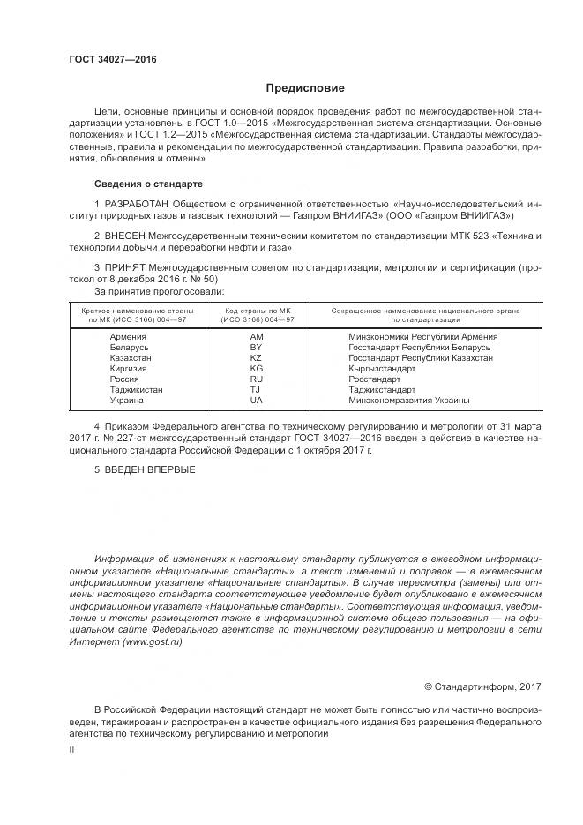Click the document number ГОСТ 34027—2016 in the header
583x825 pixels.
(x=113, y=59)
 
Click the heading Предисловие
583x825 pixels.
(x=305, y=88)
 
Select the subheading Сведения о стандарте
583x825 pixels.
(x=148, y=183)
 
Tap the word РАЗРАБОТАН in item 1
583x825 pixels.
(x=132, y=203)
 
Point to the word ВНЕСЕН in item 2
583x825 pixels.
(x=123, y=236)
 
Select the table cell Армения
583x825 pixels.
(x=129, y=337)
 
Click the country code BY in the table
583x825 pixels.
(x=257, y=348)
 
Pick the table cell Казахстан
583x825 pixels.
(x=131, y=358)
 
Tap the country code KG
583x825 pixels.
(x=257, y=369)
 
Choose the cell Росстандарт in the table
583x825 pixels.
(x=374, y=379)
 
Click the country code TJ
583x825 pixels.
(x=256, y=389)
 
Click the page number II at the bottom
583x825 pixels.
(x=72, y=749)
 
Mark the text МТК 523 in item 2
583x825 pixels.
(x=478, y=236)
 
